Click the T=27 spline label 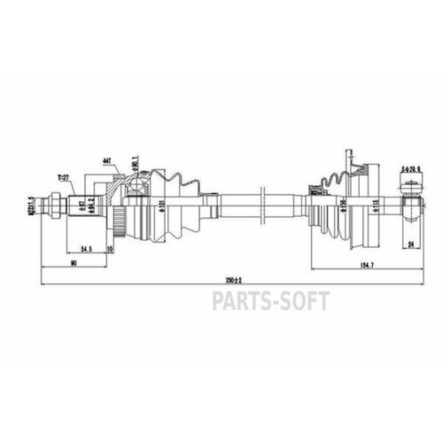61,176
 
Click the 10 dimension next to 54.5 109,250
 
